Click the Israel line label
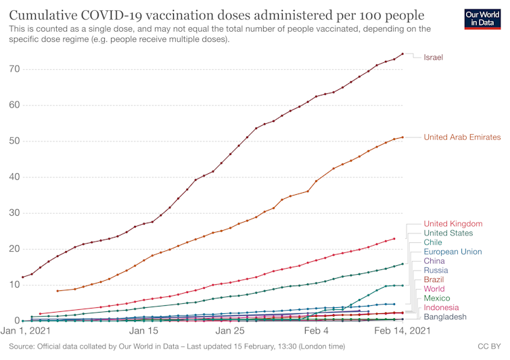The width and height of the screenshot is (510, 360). tap(433, 58)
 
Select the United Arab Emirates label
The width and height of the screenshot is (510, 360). tap(462, 137)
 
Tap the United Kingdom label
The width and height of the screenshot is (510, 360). tap(453, 224)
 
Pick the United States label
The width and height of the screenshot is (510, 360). tap(448, 233)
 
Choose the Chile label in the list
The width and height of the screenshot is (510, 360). tap(433, 242)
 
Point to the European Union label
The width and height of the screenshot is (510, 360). tap(453, 252)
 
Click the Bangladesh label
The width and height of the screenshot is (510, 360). tap(445, 317)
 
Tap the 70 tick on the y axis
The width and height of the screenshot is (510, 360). tap(11, 70)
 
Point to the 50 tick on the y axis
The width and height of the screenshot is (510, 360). tap(11, 141)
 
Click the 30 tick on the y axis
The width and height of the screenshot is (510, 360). tap(11, 213)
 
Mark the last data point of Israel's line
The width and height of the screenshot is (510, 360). tap(402, 54)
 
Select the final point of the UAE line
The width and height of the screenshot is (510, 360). tap(402, 137)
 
